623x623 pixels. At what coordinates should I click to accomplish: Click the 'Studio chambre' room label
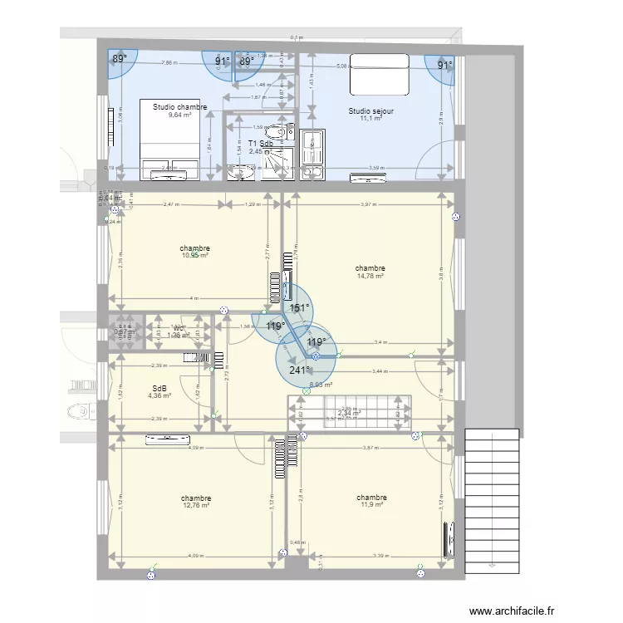[x=180, y=106]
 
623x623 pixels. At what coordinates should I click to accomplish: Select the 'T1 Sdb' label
[x=260, y=143]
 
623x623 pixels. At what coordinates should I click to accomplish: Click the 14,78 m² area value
[x=370, y=277]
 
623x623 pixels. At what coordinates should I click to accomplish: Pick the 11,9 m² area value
[x=372, y=504]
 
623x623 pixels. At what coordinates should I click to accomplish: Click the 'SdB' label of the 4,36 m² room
[x=159, y=388]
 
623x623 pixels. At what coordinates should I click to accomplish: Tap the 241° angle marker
[x=299, y=370]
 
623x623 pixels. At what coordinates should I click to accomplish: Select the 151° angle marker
[x=298, y=307]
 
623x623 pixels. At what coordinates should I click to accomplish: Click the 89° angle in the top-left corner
[x=121, y=59]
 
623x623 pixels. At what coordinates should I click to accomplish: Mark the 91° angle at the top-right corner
[x=445, y=65]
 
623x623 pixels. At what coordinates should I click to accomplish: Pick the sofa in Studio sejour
[x=379, y=73]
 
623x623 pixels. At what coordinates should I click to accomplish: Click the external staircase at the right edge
[x=493, y=498]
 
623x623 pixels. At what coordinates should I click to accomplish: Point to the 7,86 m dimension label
[x=168, y=63]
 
